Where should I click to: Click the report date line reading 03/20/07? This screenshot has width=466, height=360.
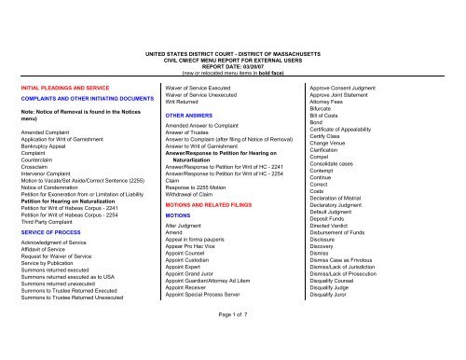coord(232,41)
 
